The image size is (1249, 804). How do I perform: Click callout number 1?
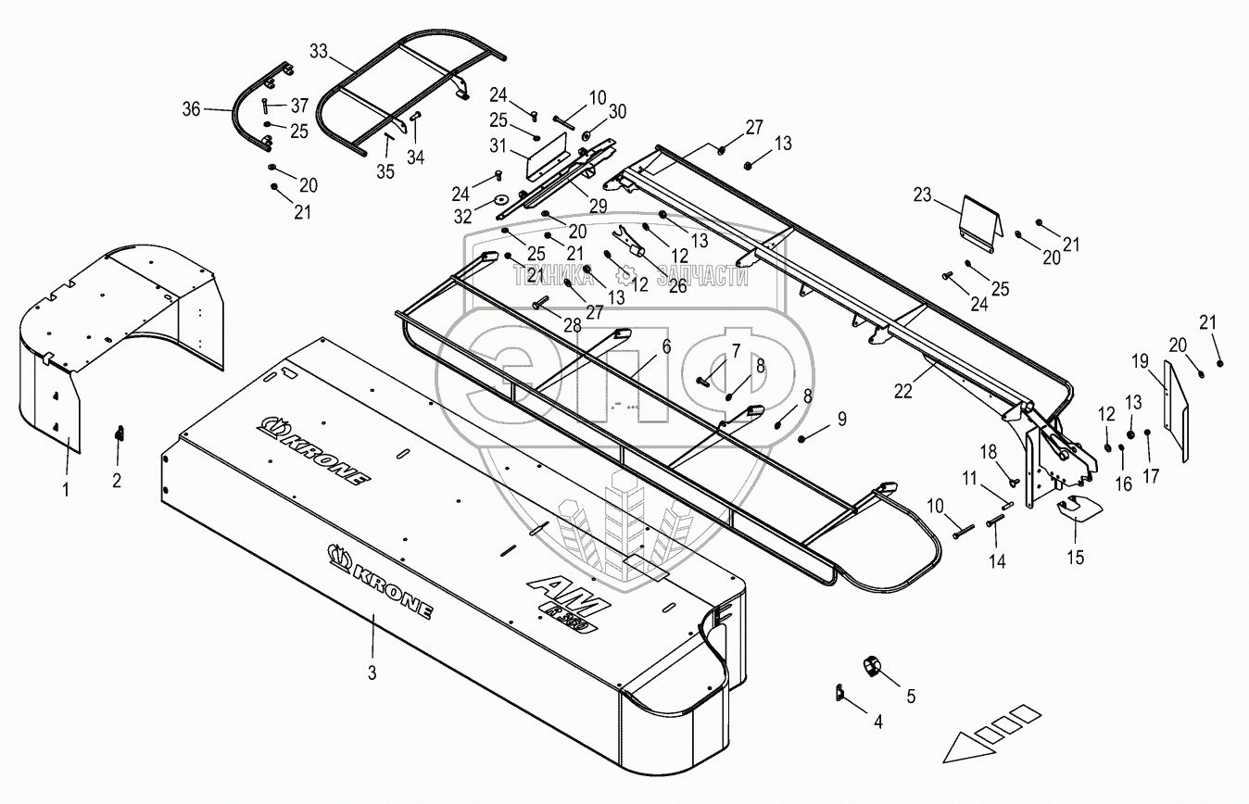(66, 489)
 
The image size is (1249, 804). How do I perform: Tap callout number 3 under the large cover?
(372, 673)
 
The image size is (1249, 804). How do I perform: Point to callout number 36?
(191, 108)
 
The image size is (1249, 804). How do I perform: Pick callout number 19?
(1138, 360)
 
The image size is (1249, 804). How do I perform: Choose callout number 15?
(1075, 558)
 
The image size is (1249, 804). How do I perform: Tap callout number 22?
(903, 391)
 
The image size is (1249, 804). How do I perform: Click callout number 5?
(910, 696)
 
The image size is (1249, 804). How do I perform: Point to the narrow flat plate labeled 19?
(1173, 408)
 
